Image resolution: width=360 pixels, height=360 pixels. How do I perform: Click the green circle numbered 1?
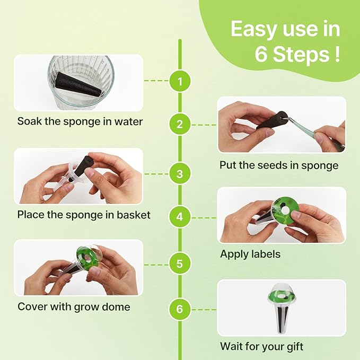(x=180, y=81)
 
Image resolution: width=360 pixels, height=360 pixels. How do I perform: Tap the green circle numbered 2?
(x=180, y=125)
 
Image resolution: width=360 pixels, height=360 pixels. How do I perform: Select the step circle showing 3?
(x=180, y=173)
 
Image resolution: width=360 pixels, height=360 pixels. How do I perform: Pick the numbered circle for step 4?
(x=180, y=217)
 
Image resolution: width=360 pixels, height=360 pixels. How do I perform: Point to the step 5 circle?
(x=180, y=264)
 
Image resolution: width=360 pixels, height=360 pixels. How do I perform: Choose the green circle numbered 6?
(x=180, y=309)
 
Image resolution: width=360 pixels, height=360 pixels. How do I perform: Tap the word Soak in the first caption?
(x=30, y=121)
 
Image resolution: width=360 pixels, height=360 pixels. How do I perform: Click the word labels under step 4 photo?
(x=266, y=254)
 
